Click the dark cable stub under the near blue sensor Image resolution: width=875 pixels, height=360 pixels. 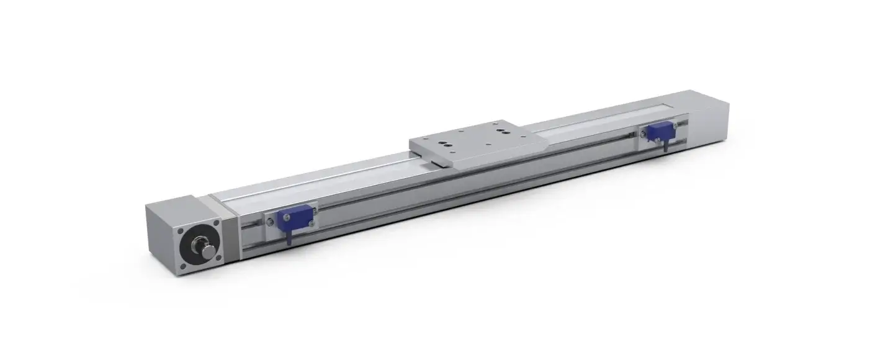click(x=289, y=237)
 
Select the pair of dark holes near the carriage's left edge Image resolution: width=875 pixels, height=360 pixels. click(x=445, y=144)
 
